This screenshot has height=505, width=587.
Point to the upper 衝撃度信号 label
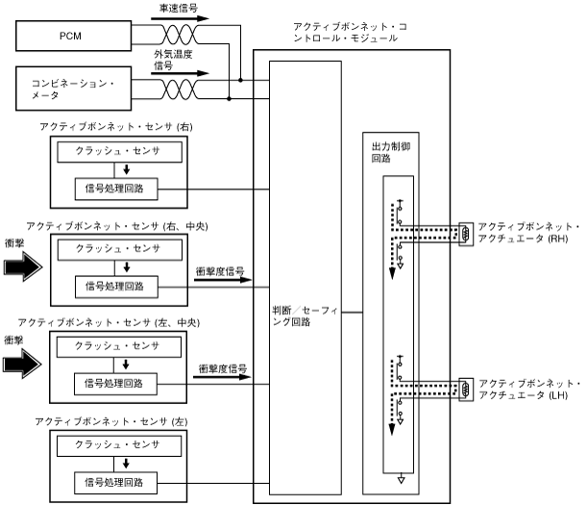pos(220,270)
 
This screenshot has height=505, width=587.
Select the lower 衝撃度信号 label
pos(223,368)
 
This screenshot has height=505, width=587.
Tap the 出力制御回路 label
pos(389,155)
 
